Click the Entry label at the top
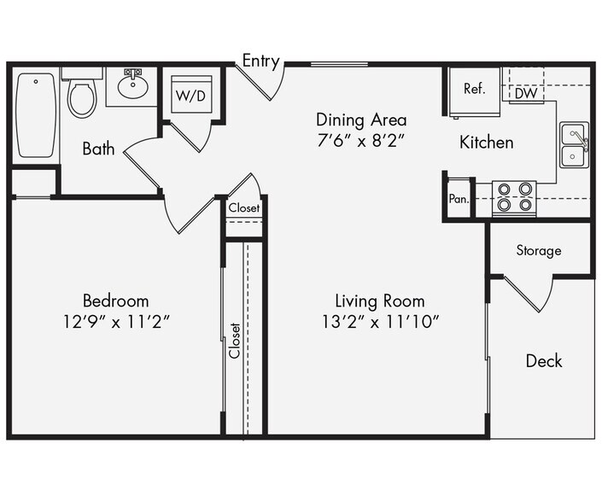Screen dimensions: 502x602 260,61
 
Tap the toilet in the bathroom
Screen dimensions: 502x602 82,96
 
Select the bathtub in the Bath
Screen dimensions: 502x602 36,114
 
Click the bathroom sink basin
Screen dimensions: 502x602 132,86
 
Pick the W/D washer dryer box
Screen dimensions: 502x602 190,95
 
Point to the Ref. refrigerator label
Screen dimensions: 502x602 475,88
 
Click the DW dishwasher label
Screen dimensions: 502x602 526,94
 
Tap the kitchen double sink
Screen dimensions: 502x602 573,145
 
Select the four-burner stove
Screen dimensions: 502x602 514,198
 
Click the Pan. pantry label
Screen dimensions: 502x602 458,199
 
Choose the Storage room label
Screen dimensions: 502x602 539,250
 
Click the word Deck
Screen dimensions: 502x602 543,361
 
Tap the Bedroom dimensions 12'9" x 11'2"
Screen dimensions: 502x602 115,322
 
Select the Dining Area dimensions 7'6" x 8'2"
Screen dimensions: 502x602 361,140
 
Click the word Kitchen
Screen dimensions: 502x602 487,142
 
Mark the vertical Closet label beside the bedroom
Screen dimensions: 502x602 235,340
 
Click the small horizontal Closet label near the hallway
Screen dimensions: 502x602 244,207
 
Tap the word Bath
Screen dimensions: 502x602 98,149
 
